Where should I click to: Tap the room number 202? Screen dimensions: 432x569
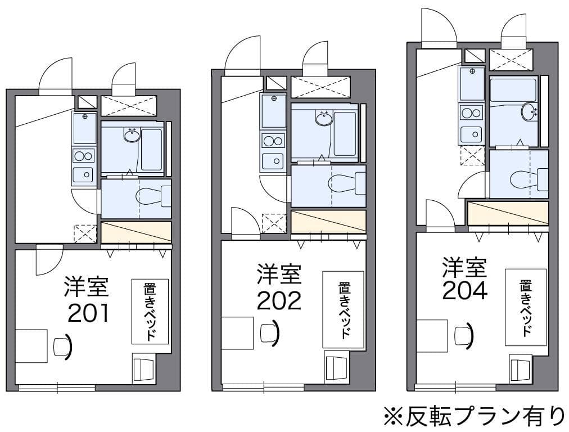pos(279,301)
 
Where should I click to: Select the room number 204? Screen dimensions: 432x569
pos(464,290)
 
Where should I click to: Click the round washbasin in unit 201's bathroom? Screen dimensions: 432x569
pos(132,135)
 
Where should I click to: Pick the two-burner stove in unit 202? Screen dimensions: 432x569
pos(273,141)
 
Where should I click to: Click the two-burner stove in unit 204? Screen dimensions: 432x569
pos(471,112)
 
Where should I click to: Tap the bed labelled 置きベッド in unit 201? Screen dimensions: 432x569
pos(150,311)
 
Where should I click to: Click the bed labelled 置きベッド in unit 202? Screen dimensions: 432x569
pos(343,310)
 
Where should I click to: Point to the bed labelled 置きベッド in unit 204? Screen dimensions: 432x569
pos(525,307)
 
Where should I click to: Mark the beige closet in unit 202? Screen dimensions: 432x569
pos(328,222)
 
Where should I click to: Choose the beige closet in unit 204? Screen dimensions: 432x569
pos(508,213)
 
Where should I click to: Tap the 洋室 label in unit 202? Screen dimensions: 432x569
pos(279,274)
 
